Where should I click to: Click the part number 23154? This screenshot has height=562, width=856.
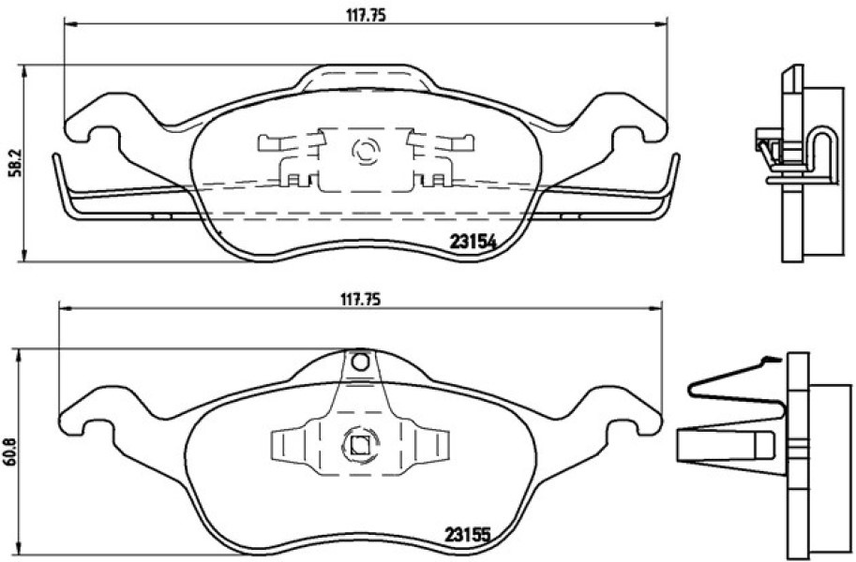pos(473,242)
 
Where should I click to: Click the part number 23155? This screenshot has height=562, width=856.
pos(467,534)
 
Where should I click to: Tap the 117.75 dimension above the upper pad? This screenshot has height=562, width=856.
pos(366,16)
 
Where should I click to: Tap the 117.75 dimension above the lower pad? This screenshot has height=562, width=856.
pos(360,300)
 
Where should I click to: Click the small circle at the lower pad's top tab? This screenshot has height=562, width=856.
pos(360,362)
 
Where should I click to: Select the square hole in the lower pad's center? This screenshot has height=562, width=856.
pos(359,446)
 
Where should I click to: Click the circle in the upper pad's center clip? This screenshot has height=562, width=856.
pos(366,151)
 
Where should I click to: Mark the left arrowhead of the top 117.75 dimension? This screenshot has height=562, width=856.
pos(68,23)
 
